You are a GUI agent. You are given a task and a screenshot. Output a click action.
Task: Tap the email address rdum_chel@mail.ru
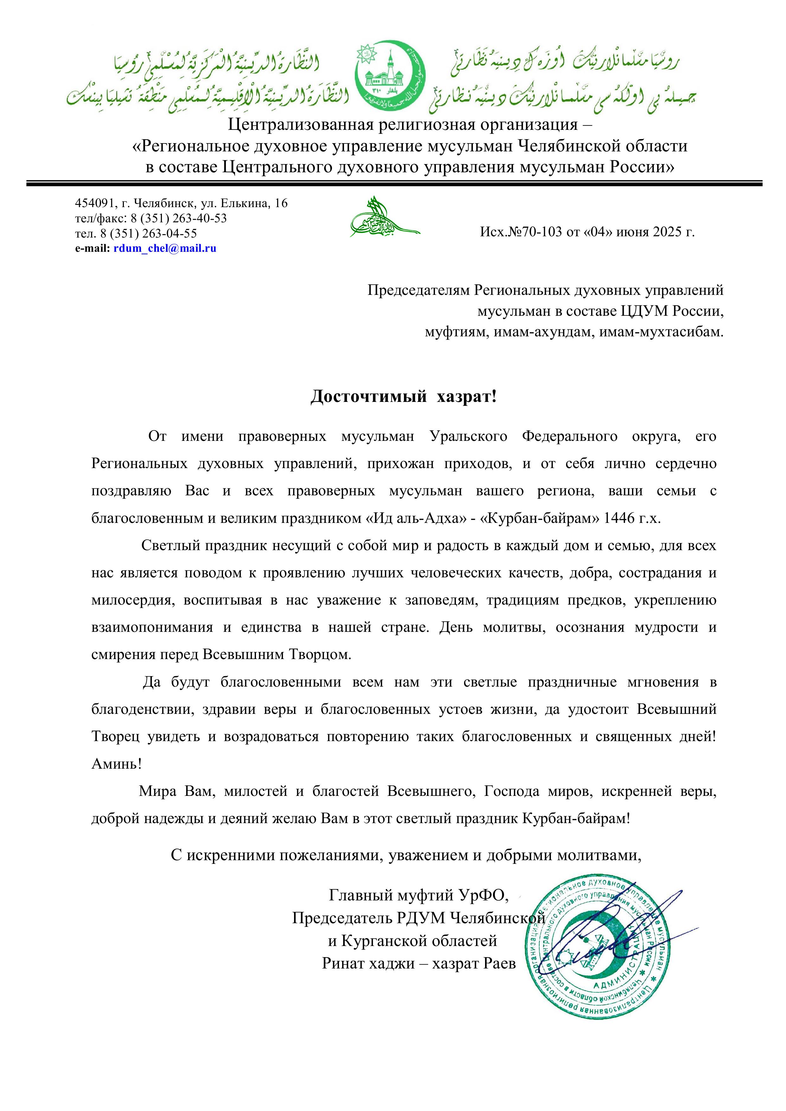pos(164,249)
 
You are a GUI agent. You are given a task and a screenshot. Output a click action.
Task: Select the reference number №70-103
pos(534,232)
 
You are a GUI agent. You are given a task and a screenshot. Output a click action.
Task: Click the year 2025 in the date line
pos(666,232)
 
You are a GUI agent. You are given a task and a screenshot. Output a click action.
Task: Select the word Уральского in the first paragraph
pos(468,436)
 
